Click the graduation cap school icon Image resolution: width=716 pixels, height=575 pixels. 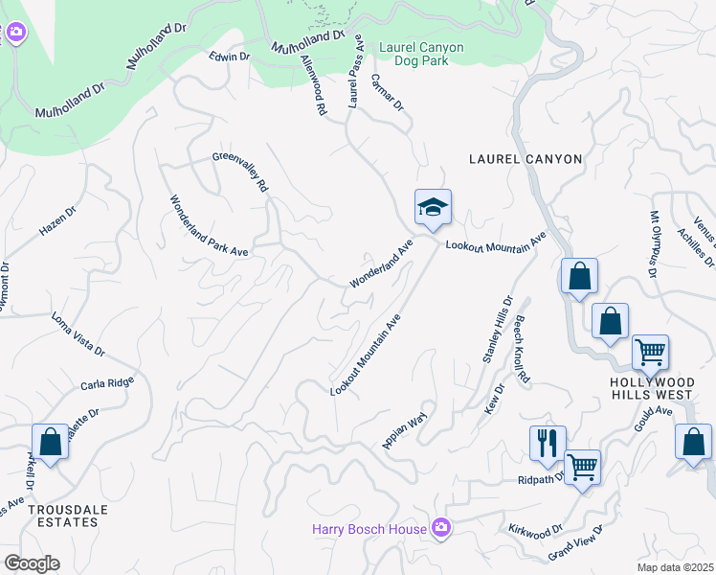tap(433, 207)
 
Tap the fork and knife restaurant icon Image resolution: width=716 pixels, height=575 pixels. tap(548, 443)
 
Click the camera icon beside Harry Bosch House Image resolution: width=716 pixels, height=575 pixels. tap(440, 527)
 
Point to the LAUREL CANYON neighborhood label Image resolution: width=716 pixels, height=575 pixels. tap(525, 159)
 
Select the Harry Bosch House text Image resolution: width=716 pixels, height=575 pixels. tap(369, 528)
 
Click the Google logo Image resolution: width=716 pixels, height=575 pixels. tap(31, 563)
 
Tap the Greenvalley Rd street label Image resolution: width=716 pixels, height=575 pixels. tap(239, 172)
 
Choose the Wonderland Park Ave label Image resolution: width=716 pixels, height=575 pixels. tap(210, 226)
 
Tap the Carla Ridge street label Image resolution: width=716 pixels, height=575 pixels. tap(107, 383)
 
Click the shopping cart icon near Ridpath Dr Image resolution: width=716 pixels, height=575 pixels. tap(581, 468)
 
